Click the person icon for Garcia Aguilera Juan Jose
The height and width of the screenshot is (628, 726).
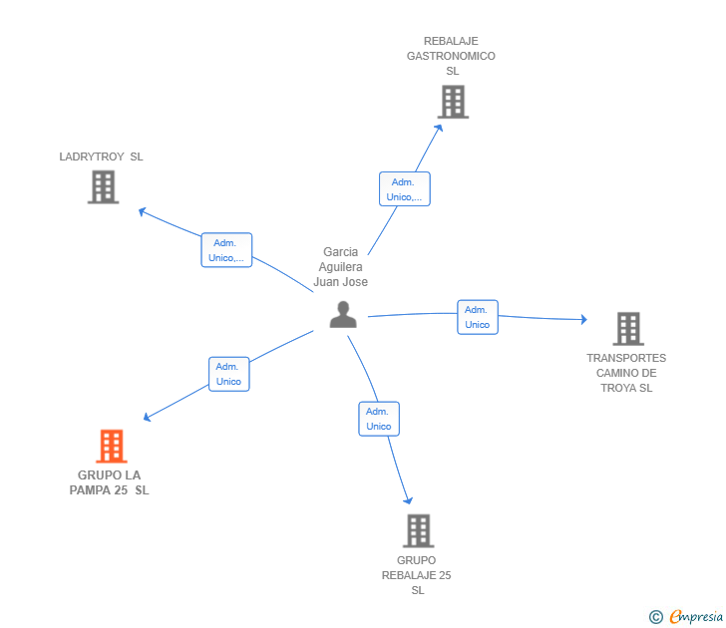pyautogui.click(x=343, y=314)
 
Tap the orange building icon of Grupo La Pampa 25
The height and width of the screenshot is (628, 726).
pyautogui.click(x=112, y=446)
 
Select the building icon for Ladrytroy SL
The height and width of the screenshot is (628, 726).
pyautogui.click(x=103, y=186)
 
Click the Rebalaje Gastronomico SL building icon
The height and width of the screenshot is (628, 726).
pyautogui.click(x=453, y=102)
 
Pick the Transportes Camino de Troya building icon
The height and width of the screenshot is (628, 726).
pyautogui.click(x=627, y=328)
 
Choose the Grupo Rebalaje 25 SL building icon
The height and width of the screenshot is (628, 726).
pyautogui.click(x=418, y=530)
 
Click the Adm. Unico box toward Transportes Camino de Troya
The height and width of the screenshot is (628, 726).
pyautogui.click(x=478, y=317)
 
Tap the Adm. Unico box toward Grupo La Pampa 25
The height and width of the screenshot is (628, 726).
pyautogui.click(x=228, y=374)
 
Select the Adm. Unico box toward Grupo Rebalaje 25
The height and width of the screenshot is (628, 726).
pyautogui.click(x=379, y=419)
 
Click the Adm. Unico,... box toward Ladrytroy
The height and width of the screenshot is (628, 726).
pyautogui.click(x=226, y=250)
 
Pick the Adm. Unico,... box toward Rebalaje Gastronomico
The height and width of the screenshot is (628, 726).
pyautogui.click(x=404, y=189)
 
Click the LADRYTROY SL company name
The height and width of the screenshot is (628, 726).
pyautogui.click(x=102, y=157)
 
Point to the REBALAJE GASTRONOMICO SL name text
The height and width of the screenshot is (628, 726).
pyautogui.click(x=451, y=56)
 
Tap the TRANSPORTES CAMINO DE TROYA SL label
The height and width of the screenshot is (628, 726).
pyautogui.click(x=626, y=373)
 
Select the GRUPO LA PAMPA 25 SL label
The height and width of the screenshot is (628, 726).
pyautogui.click(x=110, y=482)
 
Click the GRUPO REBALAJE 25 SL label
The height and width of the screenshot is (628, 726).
pyautogui.click(x=417, y=575)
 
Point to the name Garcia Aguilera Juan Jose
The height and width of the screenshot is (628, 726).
pyautogui.click(x=341, y=267)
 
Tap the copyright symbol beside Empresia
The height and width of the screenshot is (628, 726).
pyautogui.click(x=655, y=617)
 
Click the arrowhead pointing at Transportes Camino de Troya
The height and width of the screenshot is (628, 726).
pyautogui.click(x=584, y=319)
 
